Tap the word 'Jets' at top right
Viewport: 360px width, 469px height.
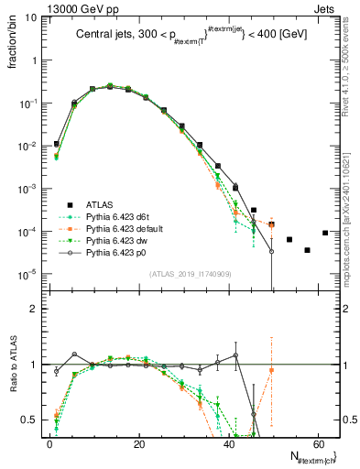327,7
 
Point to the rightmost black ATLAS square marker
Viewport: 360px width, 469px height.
325,233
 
